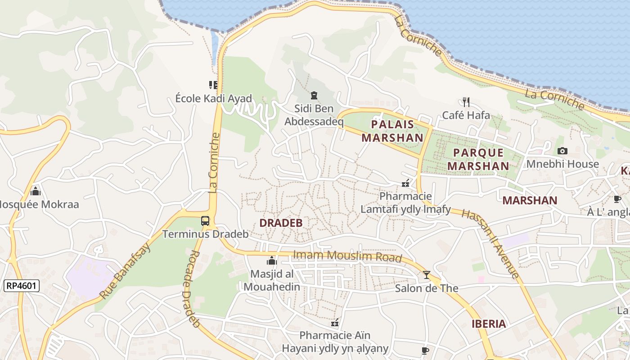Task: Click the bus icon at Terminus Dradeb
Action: pyautogui.click(x=205, y=221)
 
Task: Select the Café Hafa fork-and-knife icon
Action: pyautogui.click(x=466, y=102)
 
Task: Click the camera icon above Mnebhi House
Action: pyautogui.click(x=562, y=151)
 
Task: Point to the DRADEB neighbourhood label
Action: pyautogui.click(x=281, y=223)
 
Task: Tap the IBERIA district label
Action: pyautogui.click(x=489, y=324)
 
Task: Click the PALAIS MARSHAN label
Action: pyautogui.click(x=392, y=131)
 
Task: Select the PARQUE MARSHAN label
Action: pyautogui.click(x=478, y=159)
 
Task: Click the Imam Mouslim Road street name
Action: pyautogui.click(x=347, y=256)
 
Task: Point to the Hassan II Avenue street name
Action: pyautogui.click(x=490, y=243)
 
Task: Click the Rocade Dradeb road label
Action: pyautogui.click(x=192, y=288)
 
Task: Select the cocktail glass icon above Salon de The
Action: pyautogui.click(x=426, y=275)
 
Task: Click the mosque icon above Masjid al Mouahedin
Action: pyautogui.click(x=271, y=261)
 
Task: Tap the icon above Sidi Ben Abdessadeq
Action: pyautogui.click(x=314, y=95)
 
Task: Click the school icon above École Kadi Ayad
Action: pyautogui.click(x=213, y=85)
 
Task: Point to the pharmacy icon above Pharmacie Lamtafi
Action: pyautogui.click(x=405, y=183)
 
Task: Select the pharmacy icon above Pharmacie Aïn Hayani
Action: pyautogui.click(x=335, y=322)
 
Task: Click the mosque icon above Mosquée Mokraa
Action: pyautogui.click(x=36, y=191)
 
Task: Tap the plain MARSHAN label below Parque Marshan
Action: pyautogui.click(x=530, y=200)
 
